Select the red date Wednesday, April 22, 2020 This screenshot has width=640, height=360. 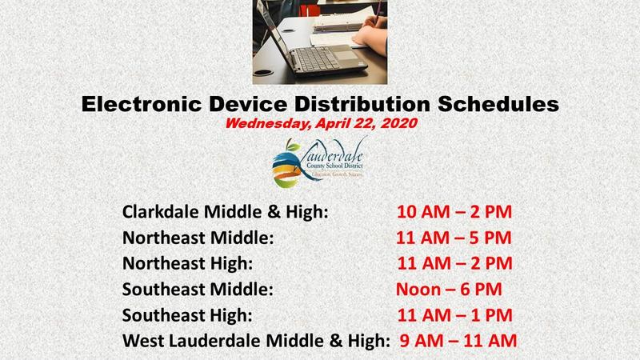click(320, 125)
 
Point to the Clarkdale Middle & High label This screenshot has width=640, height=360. click(226, 213)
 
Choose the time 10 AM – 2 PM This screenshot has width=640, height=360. click(454, 213)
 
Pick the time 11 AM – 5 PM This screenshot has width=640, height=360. click(454, 238)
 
